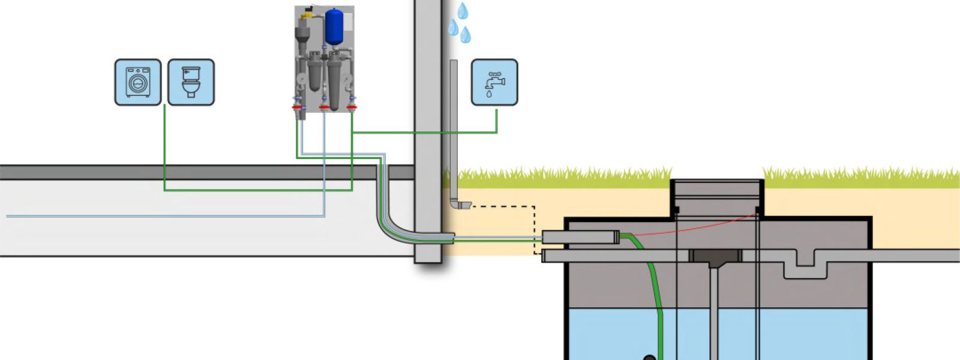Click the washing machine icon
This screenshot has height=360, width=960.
pos(138,82)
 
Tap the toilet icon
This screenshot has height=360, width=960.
pos(191,82)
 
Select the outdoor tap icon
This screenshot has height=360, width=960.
pos(494,82)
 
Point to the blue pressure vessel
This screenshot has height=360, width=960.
pos(334,27)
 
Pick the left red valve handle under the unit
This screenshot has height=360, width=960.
pos(297,107)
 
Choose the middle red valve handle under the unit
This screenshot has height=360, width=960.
pos(325,107)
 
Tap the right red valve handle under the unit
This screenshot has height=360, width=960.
pos(352,107)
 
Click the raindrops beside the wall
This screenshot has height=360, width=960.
pos(461,23)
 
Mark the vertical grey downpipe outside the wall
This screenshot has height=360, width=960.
pos(454,132)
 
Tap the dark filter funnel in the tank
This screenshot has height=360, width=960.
pos(715,258)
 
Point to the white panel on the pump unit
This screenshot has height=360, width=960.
pos(347,18)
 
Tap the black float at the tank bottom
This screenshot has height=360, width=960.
pos(650,358)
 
